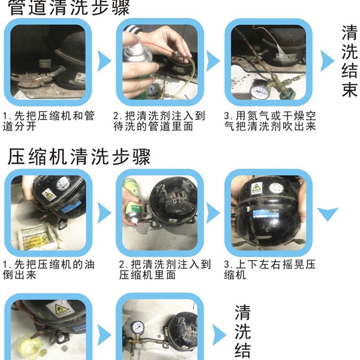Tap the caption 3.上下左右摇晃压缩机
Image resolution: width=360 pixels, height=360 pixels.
[x=270, y=270]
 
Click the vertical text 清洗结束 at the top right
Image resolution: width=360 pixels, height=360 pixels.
[x=349, y=60]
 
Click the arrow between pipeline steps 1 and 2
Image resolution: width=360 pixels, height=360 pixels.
[x=104, y=61]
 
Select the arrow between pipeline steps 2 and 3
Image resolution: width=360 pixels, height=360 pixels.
[x=213, y=61]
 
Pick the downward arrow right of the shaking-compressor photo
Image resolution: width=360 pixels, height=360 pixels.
[x=328, y=211]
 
